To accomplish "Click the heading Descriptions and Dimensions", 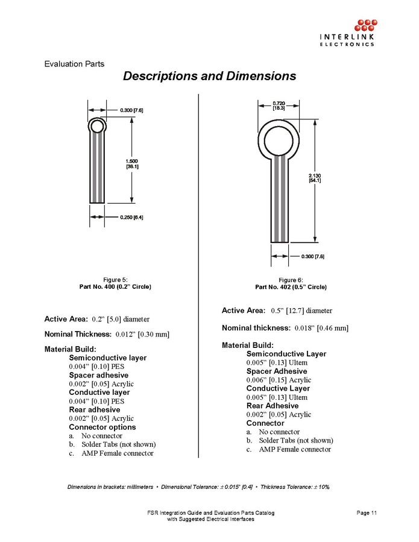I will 209,77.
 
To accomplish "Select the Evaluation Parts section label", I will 74,64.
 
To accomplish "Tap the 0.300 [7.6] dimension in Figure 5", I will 131,110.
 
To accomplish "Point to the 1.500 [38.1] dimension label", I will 132,163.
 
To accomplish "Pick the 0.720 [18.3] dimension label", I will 279,106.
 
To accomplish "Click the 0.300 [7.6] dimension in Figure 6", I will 312,257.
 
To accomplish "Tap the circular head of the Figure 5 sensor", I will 96,126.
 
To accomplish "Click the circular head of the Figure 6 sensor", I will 279,139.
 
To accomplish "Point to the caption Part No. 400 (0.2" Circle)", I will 115,286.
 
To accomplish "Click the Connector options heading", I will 102,427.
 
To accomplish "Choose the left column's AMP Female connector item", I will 118,453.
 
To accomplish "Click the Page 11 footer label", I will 367,513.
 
